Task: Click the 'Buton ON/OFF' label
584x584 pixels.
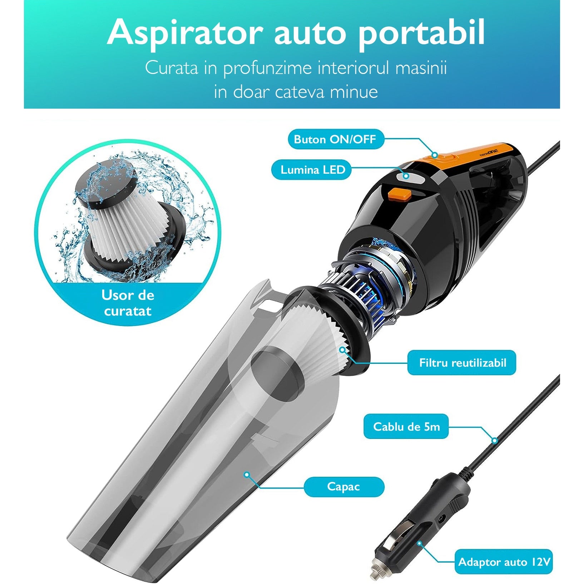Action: click(336, 139)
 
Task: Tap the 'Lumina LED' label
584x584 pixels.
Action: click(312, 169)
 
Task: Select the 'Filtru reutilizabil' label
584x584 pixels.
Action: click(462, 363)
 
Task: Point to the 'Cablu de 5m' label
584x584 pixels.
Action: click(406, 426)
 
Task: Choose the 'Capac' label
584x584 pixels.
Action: click(343, 486)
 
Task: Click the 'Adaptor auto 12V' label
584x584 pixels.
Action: click(504, 562)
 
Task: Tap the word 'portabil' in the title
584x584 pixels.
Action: click(421, 33)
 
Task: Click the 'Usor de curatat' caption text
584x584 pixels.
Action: click(128, 303)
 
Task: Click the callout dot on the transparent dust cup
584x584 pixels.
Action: click(246, 475)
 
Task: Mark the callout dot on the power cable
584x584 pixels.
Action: click(495, 440)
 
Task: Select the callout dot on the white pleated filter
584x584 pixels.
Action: click(343, 350)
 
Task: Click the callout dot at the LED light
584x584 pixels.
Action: click(406, 175)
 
